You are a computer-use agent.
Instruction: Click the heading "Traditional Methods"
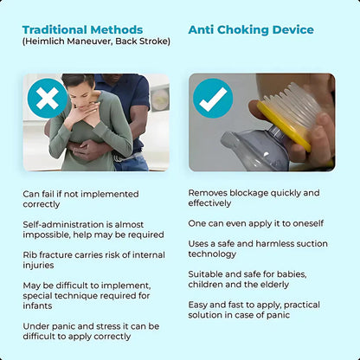82,29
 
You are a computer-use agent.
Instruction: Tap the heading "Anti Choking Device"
251,29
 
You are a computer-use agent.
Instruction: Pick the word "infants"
40,305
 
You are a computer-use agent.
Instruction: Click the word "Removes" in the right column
210,193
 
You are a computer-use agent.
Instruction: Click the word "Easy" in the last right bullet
200,305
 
